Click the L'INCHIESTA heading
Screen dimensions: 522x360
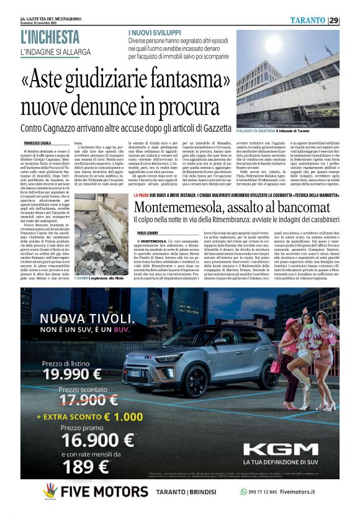coord(50,38)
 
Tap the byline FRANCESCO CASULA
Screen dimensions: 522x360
coord(39,143)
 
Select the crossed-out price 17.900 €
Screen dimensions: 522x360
coord(79,400)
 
